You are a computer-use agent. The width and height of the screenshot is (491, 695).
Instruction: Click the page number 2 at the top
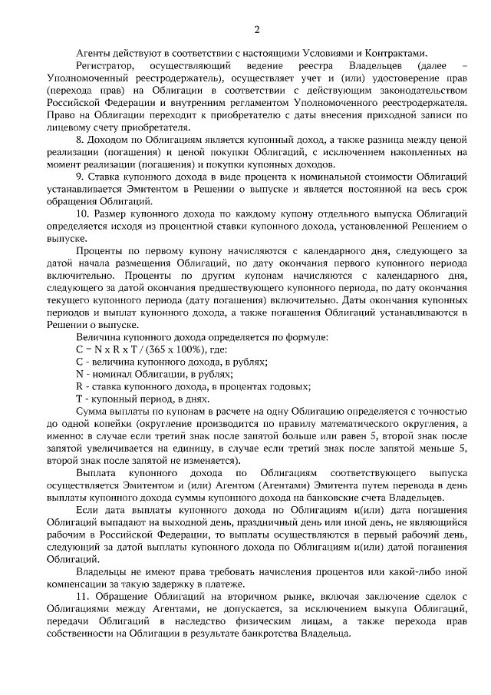[257, 29]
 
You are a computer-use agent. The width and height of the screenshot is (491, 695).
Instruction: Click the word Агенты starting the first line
[94, 53]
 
